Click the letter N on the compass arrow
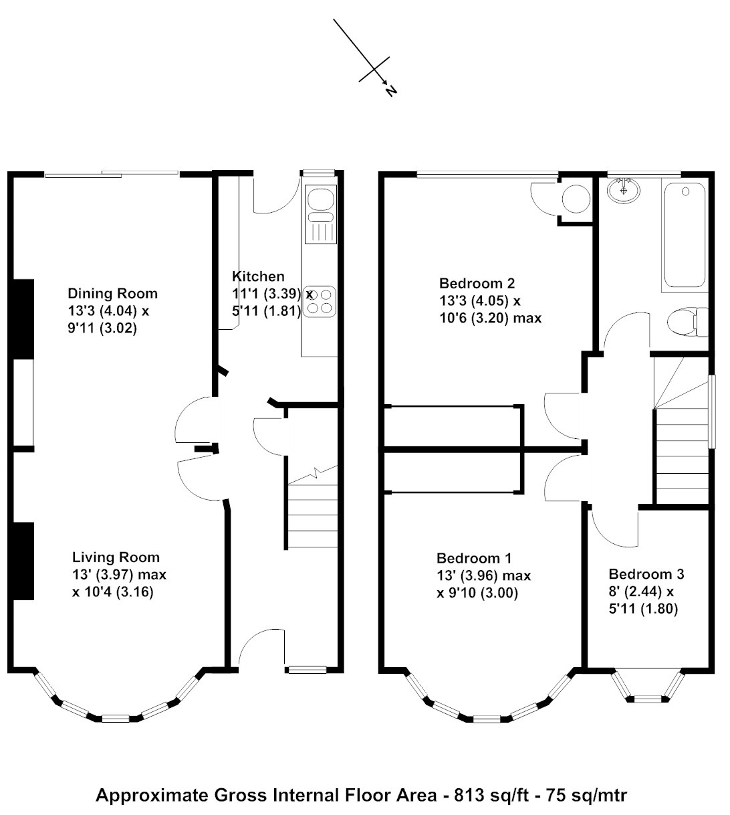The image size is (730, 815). (391, 91)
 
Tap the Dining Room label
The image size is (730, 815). (112, 294)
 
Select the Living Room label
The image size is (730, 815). (116, 557)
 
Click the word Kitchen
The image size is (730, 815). (258, 276)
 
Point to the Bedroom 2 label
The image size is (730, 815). (477, 283)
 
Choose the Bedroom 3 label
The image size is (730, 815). (646, 574)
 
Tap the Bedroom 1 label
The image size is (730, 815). (475, 558)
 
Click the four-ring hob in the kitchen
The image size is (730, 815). (320, 302)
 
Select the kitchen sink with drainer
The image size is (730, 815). (320, 214)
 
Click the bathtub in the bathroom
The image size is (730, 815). (685, 236)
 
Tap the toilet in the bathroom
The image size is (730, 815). (688, 323)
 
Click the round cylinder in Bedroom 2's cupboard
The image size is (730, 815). (576, 199)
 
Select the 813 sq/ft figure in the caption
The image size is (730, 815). (491, 796)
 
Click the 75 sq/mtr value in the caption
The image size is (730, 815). (587, 796)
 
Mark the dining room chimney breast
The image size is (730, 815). (23, 319)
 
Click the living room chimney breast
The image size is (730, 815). (23, 561)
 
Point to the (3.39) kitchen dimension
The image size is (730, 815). (282, 294)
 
